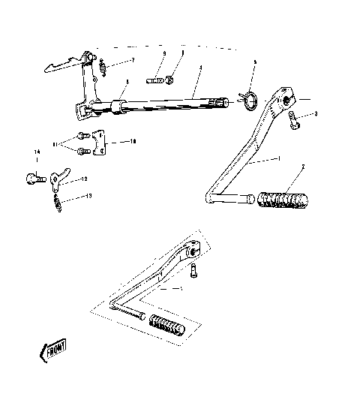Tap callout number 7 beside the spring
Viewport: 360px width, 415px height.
point(133,60)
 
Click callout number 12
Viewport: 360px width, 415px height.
point(84,179)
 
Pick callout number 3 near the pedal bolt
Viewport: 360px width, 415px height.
point(316,113)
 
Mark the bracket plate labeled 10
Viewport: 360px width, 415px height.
point(98,148)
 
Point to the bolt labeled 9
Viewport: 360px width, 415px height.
point(158,79)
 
